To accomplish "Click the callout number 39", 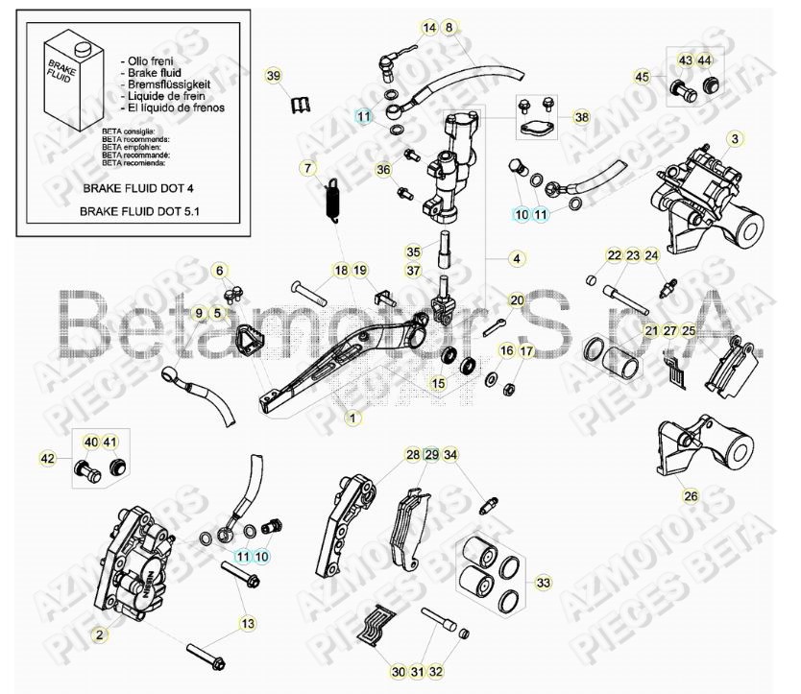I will pyautogui.click(x=274, y=76).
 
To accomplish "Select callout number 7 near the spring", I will pyautogui.click(x=307, y=169).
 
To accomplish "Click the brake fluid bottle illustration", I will pyautogui.click(x=60, y=76).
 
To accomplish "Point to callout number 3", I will pyautogui.click(x=734, y=139).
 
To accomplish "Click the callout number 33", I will pyautogui.click(x=545, y=583).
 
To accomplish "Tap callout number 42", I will pyautogui.click(x=47, y=459).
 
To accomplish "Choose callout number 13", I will pyautogui.click(x=248, y=624).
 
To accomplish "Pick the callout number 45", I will pyautogui.click(x=642, y=77).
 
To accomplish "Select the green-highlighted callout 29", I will pyautogui.click(x=431, y=454).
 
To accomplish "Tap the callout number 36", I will pyautogui.click(x=384, y=170).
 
